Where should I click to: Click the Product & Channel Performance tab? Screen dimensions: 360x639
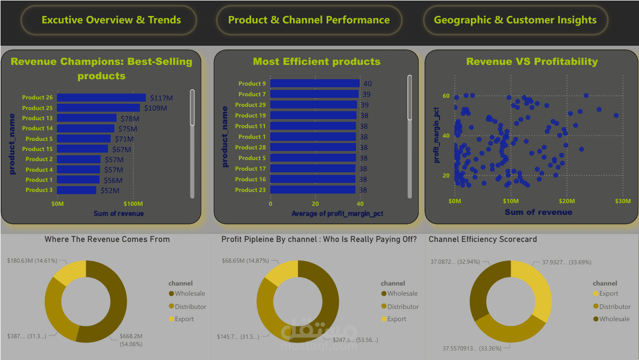pos(309,20)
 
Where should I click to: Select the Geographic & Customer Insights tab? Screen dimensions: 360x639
pos(515,20)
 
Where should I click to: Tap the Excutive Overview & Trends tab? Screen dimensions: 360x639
pos(111,20)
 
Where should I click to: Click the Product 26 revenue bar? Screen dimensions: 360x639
pos(101,97)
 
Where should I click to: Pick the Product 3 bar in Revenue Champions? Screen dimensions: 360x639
pos(77,190)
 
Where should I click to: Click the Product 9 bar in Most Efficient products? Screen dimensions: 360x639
pos(315,83)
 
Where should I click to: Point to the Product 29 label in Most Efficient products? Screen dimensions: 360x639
pos(252,105)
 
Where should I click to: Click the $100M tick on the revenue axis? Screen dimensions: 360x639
pos(133,204)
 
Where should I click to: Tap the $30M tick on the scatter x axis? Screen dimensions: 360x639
pos(623,201)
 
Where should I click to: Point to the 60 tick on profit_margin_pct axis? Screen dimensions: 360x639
pos(445,96)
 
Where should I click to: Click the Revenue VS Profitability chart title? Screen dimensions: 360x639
pos(532,62)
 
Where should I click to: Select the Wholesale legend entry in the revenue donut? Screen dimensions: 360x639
pos(189,294)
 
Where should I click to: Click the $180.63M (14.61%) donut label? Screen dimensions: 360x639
pos(32,261)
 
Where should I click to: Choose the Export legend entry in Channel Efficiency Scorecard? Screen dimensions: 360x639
pos(608,294)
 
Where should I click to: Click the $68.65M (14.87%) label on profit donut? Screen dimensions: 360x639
pos(245,261)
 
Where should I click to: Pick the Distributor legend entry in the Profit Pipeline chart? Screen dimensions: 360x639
pos(402,306)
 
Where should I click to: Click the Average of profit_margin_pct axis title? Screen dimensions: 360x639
pos(337,214)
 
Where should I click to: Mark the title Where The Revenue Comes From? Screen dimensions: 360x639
pos(107,239)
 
